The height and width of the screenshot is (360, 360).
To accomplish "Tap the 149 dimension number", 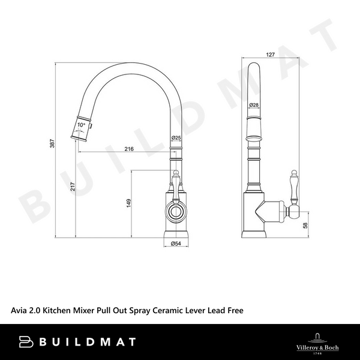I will point(128,203).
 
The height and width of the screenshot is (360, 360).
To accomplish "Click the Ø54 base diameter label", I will point(176,244).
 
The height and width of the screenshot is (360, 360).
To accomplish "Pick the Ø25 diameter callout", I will point(176,139).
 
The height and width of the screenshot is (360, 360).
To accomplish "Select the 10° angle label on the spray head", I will point(82,125).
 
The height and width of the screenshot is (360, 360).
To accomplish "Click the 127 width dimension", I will point(270,55).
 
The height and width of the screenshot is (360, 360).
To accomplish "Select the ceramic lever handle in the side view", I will point(294,187).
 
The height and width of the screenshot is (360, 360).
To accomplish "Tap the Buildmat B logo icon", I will point(26,341).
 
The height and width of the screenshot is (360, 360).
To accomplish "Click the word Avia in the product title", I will point(21,311).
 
